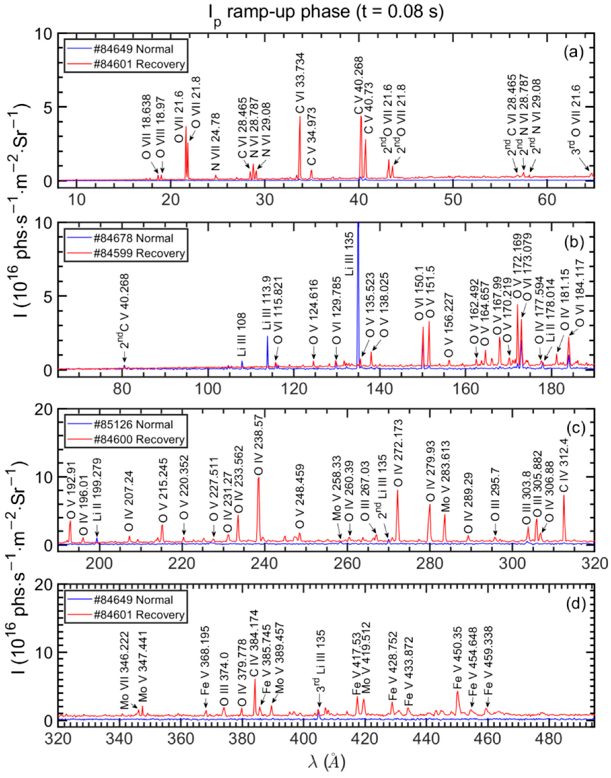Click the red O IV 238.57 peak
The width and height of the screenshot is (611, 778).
258,501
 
